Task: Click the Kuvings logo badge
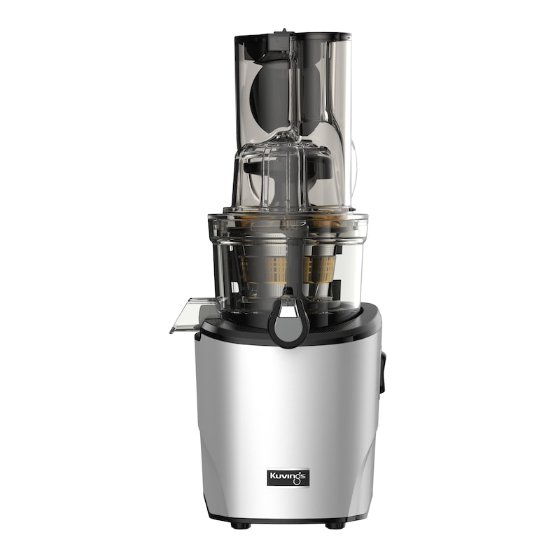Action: (288, 477)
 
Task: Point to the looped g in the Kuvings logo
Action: (297, 479)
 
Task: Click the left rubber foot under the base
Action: (239, 525)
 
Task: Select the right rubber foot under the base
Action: (334, 526)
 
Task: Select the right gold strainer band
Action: (318, 268)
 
